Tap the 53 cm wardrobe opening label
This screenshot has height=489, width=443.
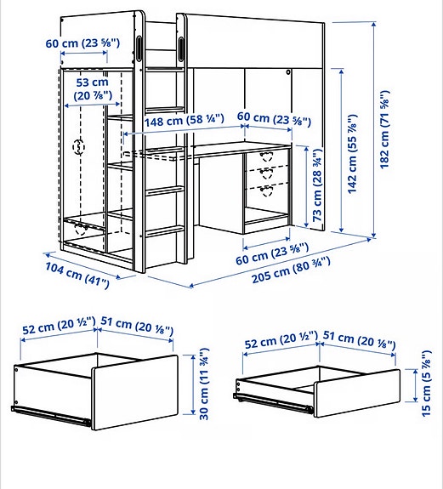click(x=92, y=88)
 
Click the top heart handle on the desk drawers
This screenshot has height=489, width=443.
click(x=264, y=157)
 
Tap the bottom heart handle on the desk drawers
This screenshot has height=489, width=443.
click(x=264, y=188)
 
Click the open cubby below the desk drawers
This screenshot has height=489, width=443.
click(x=265, y=213)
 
